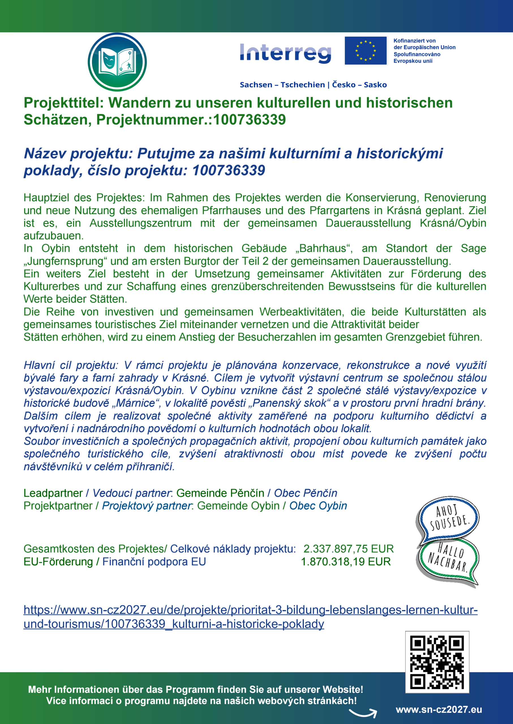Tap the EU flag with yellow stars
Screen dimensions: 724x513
click(x=366, y=51)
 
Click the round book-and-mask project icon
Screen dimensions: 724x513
click(x=117, y=62)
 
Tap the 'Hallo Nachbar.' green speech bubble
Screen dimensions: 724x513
click(x=448, y=559)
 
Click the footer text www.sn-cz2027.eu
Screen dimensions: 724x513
click(x=439, y=710)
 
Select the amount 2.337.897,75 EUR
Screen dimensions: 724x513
click(x=348, y=549)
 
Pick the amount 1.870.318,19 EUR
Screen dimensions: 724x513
click(x=345, y=562)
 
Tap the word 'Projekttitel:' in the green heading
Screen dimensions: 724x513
click(x=64, y=103)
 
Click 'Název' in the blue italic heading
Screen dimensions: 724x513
click(x=45, y=154)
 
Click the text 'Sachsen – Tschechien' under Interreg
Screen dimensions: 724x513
click(x=282, y=85)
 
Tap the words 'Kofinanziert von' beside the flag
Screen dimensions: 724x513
click(x=415, y=41)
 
